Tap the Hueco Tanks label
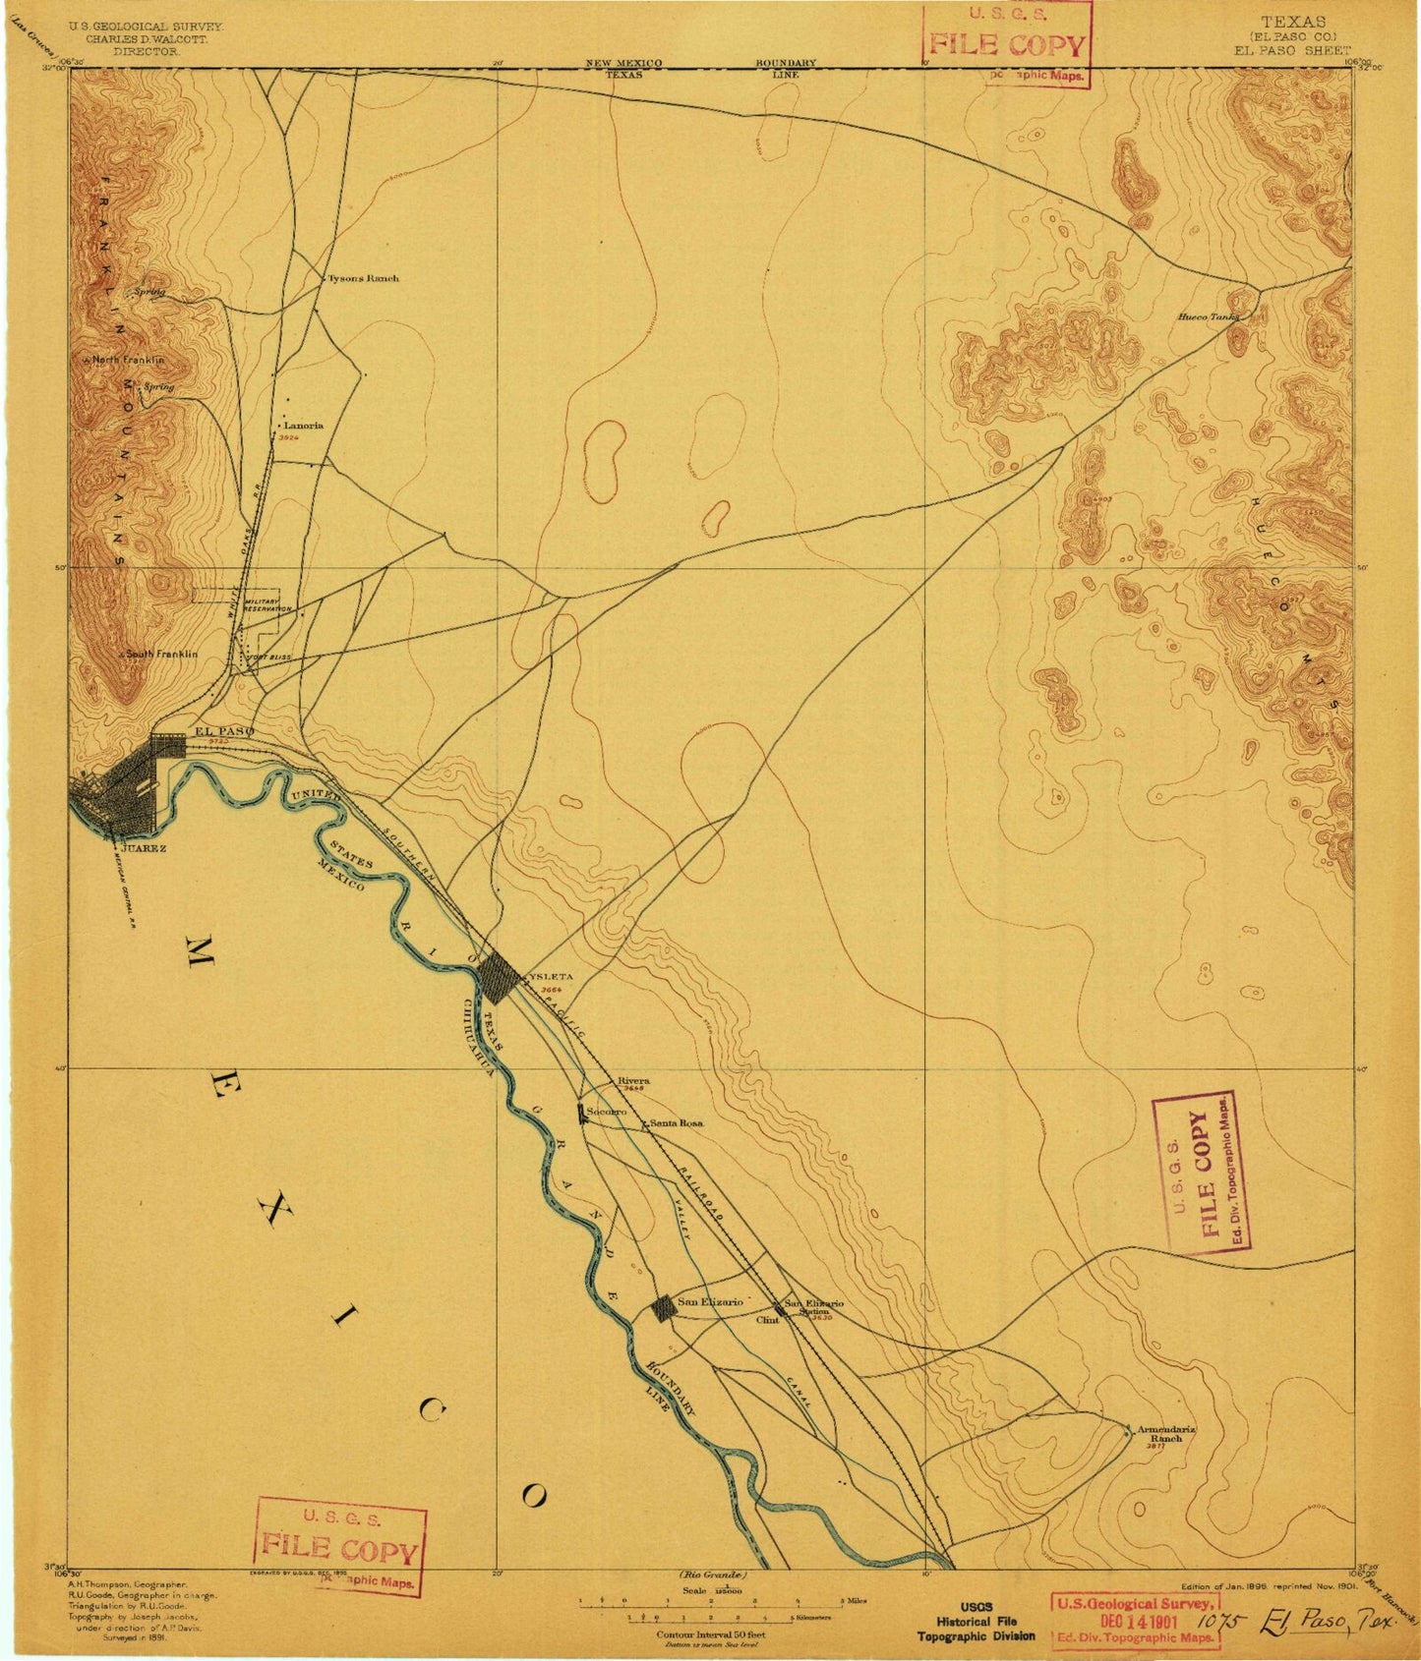click(x=1209, y=317)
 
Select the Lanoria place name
click(x=303, y=426)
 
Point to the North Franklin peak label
click(x=128, y=361)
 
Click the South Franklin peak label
click(x=160, y=654)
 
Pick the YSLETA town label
click(x=550, y=976)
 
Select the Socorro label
click(x=606, y=1112)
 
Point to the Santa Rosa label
click(x=677, y=1122)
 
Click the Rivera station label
click(x=633, y=1080)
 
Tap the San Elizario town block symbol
click(x=664, y=1307)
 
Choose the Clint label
click(x=767, y=1320)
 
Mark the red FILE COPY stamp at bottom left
click(x=340, y=1551)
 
